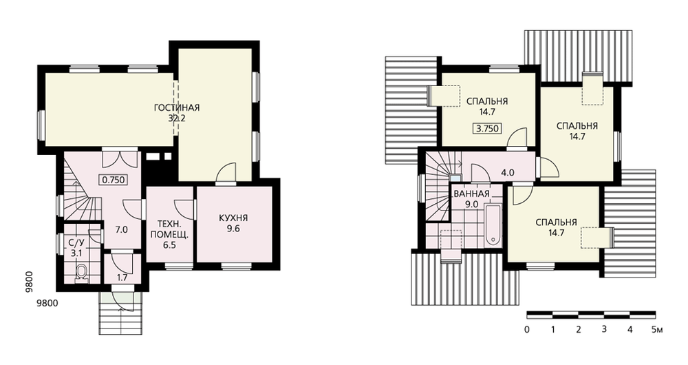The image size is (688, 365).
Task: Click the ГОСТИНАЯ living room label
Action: (177, 107)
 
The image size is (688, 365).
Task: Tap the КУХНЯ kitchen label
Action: (233, 218)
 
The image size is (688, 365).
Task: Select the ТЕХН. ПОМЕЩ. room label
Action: (169, 230)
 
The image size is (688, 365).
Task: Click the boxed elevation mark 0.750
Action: (114, 179)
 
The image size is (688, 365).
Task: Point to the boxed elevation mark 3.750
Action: (487, 129)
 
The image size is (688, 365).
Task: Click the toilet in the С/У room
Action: (81, 272)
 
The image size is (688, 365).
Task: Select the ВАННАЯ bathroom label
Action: (472, 194)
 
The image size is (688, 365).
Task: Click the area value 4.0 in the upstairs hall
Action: (508, 173)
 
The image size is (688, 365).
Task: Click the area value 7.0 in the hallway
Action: (122, 229)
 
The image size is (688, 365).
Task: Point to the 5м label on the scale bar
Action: (657, 329)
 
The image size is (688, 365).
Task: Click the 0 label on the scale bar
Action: (526, 329)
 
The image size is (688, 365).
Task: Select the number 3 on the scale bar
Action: (604, 329)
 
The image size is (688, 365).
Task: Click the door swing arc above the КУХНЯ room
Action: (226, 171)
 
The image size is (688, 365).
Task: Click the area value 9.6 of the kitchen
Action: (233, 229)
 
